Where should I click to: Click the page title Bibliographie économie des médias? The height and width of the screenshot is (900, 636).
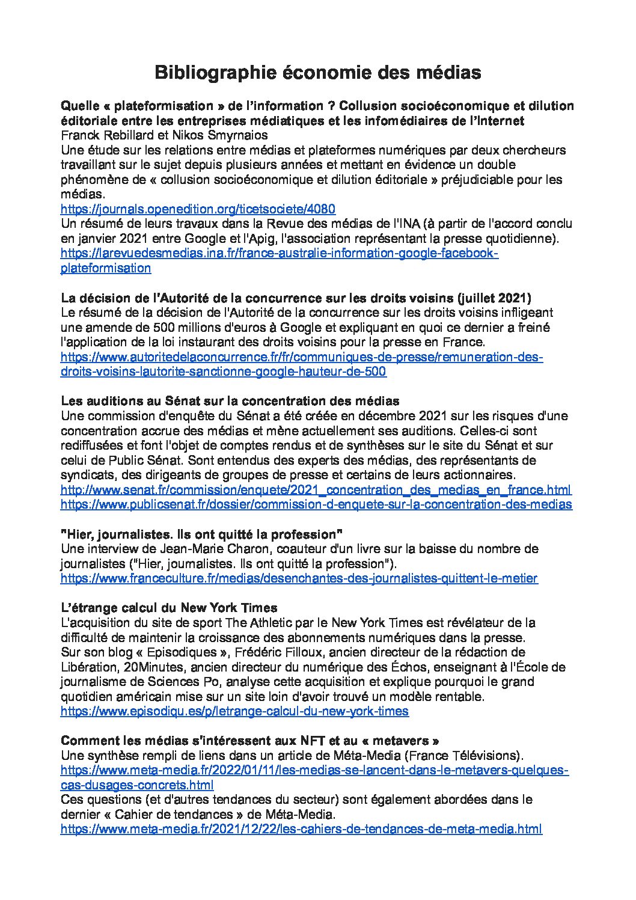click(x=318, y=73)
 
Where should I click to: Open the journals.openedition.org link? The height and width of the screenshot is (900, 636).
click(x=198, y=209)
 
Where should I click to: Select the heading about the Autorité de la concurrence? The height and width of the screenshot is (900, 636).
click(x=296, y=298)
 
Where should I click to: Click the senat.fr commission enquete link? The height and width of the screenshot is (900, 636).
click(x=316, y=490)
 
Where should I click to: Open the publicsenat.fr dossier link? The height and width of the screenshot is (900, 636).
click(x=316, y=504)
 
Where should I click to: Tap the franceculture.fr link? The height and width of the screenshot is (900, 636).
click(x=299, y=578)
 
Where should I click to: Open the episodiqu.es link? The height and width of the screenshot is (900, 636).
click(x=235, y=711)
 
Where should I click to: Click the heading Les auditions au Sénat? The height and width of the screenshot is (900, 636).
click(x=230, y=401)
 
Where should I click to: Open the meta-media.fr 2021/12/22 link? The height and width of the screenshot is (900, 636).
click(x=302, y=829)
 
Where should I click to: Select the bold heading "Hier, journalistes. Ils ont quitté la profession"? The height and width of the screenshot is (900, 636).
click(x=202, y=534)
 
